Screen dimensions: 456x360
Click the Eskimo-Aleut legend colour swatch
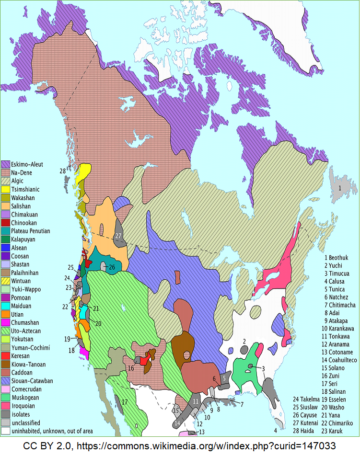pos(6,164)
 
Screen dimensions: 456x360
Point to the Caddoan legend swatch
pos(6,373)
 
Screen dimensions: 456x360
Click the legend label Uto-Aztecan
pos(28,331)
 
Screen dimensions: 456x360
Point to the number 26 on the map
pos(111,267)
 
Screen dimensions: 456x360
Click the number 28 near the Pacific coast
pos(62,171)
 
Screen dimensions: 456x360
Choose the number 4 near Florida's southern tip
pos(275,430)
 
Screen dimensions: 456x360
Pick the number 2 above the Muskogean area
pos(244,341)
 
